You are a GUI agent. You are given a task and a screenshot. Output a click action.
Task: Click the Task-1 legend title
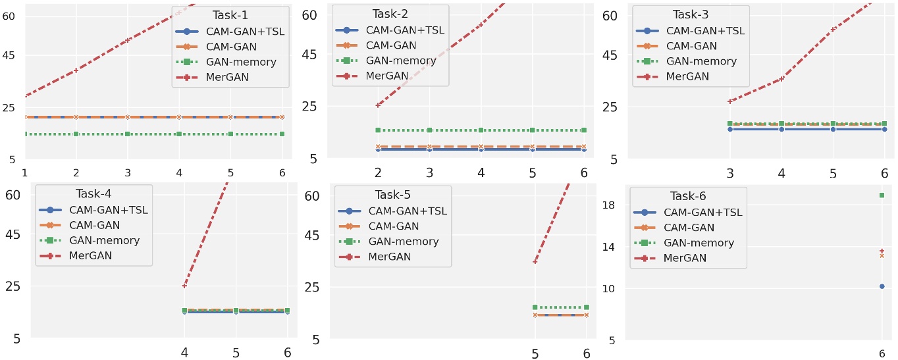click(x=230, y=14)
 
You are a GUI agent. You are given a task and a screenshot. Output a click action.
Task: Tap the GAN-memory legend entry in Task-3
click(x=701, y=61)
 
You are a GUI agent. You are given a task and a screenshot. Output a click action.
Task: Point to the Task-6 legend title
click(x=688, y=195)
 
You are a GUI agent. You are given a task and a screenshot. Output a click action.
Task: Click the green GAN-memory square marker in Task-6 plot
click(x=882, y=195)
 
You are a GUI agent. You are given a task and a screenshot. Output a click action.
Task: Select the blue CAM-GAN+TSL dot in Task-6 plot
click(x=882, y=286)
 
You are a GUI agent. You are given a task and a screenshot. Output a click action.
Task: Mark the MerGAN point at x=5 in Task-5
click(x=535, y=262)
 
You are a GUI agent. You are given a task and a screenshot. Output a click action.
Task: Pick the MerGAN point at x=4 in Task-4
click(x=184, y=286)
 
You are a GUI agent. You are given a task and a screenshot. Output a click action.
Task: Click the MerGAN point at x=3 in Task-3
click(x=729, y=101)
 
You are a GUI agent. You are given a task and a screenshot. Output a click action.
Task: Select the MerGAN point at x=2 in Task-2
click(x=378, y=105)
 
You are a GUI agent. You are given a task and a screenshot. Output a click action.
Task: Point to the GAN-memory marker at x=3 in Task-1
click(x=128, y=134)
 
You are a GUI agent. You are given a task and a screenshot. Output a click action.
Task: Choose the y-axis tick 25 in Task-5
click(x=312, y=287)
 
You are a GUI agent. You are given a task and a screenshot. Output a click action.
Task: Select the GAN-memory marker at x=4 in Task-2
click(x=481, y=130)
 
